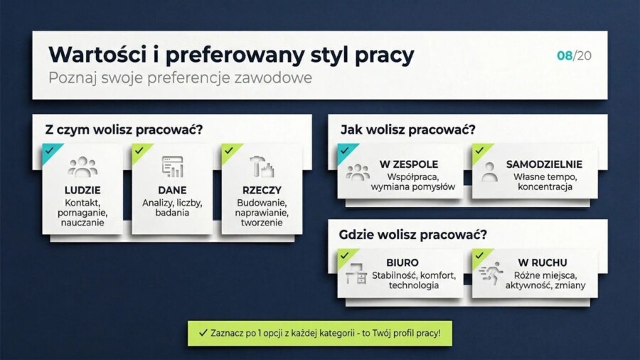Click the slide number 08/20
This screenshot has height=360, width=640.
point(574,55)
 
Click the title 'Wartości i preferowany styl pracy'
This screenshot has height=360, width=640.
point(231,55)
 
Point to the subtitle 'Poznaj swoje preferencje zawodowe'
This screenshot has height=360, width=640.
point(180,78)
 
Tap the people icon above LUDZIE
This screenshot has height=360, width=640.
point(82,167)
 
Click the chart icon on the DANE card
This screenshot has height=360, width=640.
point(172,166)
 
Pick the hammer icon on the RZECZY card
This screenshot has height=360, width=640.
point(261,167)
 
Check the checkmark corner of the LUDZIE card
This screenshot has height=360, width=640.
point(50,151)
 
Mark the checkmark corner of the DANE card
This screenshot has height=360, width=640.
point(139,151)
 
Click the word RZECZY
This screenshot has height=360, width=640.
point(261,190)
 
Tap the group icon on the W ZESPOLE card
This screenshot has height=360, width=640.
point(358,171)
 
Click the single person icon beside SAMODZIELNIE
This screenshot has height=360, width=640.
point(489,171)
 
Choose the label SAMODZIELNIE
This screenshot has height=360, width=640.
point(544,164)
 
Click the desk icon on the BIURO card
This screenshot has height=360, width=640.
point(356,274)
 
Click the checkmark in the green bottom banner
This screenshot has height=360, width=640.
point(203,332)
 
